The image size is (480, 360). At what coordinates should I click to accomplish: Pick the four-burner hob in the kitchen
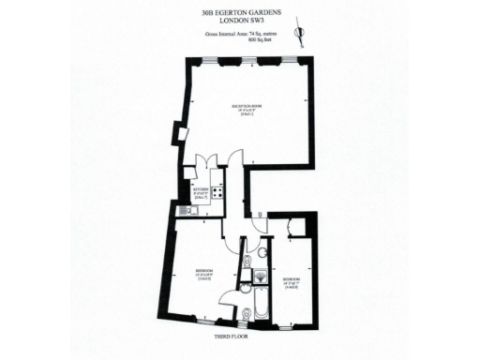(217, 192)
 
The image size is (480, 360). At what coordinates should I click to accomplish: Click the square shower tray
(261, 275)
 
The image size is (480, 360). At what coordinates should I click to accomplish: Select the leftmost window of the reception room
(216, 62)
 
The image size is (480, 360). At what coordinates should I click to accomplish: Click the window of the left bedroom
(199, 322)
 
